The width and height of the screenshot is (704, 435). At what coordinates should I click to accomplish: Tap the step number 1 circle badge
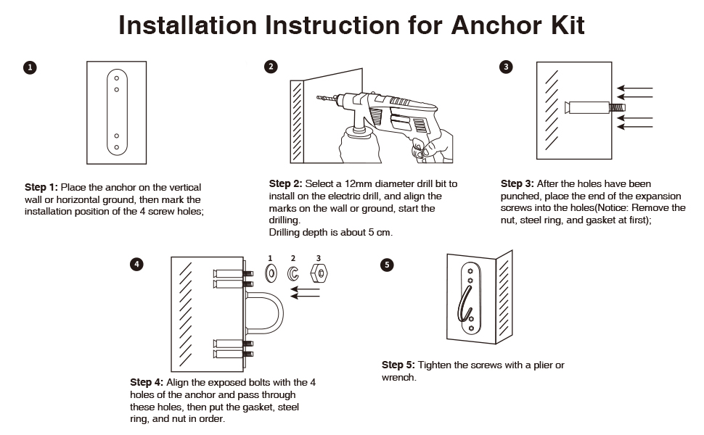30,67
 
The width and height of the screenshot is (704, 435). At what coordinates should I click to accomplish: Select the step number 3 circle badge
506,67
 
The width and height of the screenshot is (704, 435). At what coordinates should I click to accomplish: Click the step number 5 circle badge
387,265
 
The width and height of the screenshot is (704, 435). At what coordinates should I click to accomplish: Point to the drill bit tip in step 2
319,96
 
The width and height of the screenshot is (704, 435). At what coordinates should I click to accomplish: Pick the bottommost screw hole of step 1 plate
116,147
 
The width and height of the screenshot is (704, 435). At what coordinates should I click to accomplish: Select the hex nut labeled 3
318,273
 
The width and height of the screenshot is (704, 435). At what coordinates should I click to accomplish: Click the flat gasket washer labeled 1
270,273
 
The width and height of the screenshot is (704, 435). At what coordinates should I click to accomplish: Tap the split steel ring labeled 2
293,273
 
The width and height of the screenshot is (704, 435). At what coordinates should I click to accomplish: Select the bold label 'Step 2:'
285,184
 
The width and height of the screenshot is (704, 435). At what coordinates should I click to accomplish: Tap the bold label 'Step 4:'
147,382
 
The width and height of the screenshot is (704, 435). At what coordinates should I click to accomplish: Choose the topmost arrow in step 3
634,90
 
